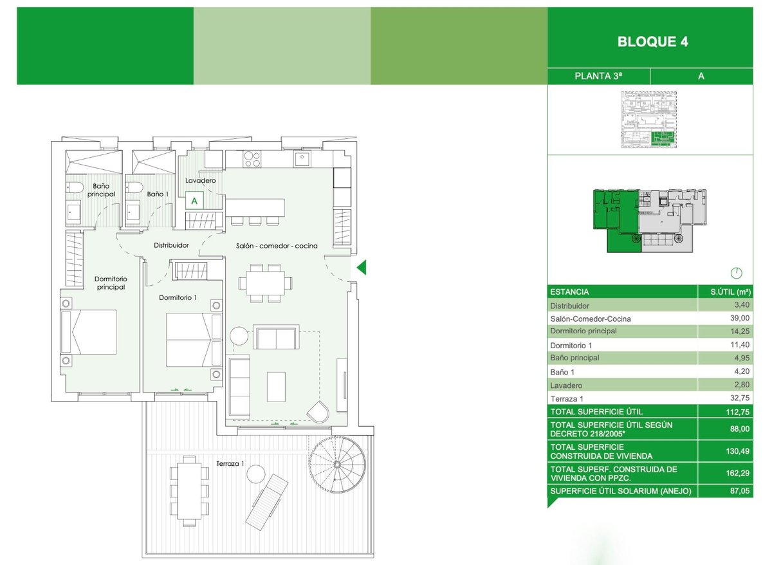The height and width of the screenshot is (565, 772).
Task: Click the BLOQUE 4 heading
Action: pyautogui.click(x=652, y=42)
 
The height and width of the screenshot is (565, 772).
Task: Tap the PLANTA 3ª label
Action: pyautogui.click(x=598, y=76)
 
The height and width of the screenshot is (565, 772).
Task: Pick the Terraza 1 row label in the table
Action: pyautogui.click(x=566, y=398)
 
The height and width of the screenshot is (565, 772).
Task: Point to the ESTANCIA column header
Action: pyautogui.click(x=569, y=292)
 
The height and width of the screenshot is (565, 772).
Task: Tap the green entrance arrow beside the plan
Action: pyautogui.click(x=362, y=267)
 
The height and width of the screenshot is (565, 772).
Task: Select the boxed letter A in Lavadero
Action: pyautogui.click(x=194, y=200)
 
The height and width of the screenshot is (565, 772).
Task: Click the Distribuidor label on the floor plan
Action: pyautogui.click(x=171, y=245)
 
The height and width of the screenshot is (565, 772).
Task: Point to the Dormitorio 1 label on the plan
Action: pyautogui.click(x=178, y=297)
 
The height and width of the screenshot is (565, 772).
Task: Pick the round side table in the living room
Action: pyautogui.click(x=239, y=336)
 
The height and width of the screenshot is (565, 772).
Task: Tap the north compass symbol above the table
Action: pyautogui.click(x=737, y=273)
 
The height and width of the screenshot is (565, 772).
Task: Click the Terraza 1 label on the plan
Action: pyautogui.click(x=230, y=463)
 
